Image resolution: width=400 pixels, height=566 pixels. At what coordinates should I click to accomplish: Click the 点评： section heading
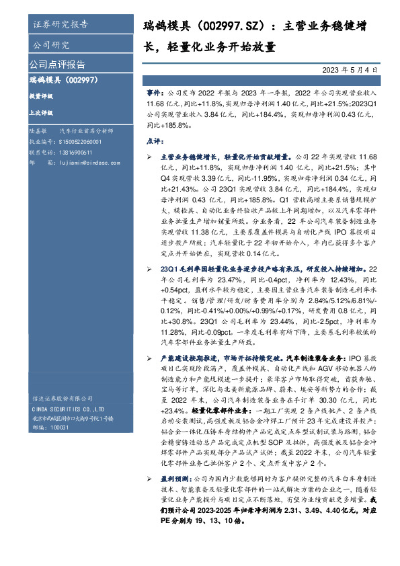click(x=155, y=142)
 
